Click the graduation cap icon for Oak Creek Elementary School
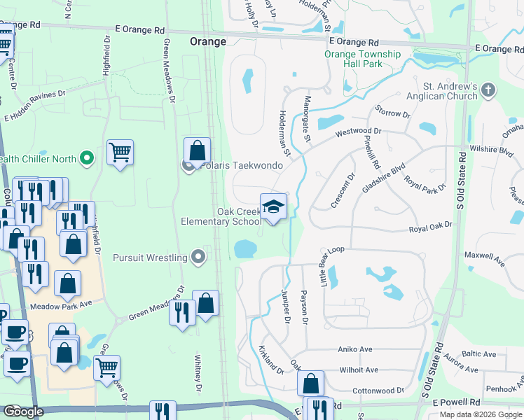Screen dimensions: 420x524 273,206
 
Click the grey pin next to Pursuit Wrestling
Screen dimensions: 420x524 199,258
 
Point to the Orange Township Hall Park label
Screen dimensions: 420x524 363,59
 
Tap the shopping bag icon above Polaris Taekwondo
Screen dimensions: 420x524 198,150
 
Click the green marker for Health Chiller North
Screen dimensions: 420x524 87,159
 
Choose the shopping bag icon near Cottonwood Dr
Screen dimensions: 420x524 310,384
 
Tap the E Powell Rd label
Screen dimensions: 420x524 456,404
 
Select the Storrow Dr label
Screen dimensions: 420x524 392,113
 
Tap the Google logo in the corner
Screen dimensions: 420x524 23,412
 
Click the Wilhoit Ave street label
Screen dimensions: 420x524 358,370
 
